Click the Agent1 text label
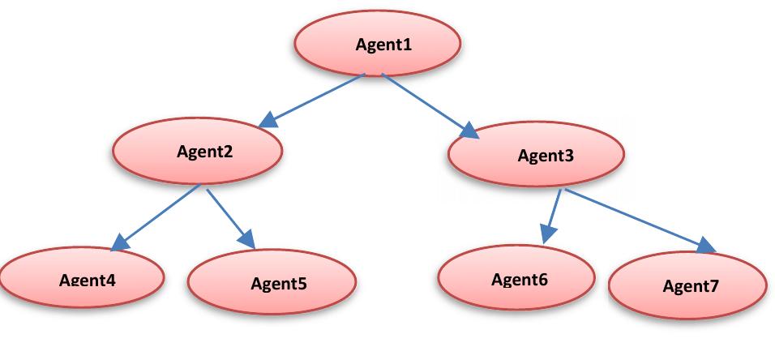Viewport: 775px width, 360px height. coord(383,45)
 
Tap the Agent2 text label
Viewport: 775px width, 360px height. coord(205,151)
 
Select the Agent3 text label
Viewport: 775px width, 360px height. coord(546,156)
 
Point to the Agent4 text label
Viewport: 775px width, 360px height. coord(88,281)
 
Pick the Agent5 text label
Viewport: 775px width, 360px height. coord(279,284)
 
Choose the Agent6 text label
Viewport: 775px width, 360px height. coord(520,280)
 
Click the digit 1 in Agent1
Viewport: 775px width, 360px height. coord(407,45)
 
